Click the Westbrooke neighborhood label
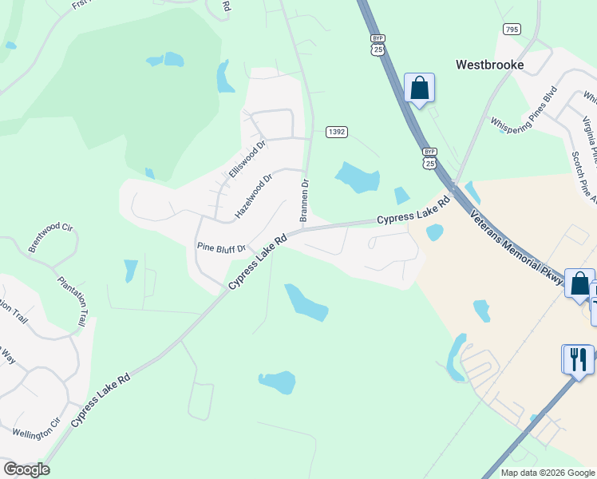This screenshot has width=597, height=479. (489, 65)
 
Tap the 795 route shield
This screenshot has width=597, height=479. (512, 30)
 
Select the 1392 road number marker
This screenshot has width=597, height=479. (336, 131)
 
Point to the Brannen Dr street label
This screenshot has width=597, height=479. (304, 200)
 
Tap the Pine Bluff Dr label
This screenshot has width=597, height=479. (221, 247)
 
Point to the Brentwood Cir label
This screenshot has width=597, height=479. (50, 239)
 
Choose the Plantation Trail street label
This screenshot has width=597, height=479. (71, 301)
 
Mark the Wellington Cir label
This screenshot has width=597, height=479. (36, 428)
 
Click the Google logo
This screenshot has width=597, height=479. (26, 469)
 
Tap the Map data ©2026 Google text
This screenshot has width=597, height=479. (547, 473)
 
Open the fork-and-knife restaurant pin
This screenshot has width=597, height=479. (578, 358)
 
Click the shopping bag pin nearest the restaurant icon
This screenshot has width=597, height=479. (579, 283)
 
